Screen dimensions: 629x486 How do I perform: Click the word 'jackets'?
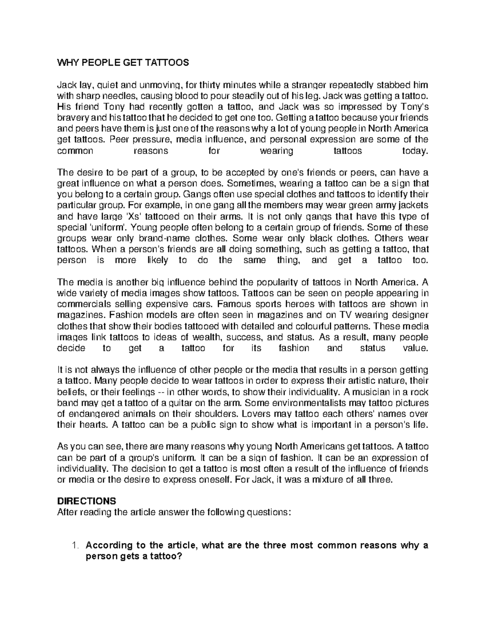click(x=409, y=205)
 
